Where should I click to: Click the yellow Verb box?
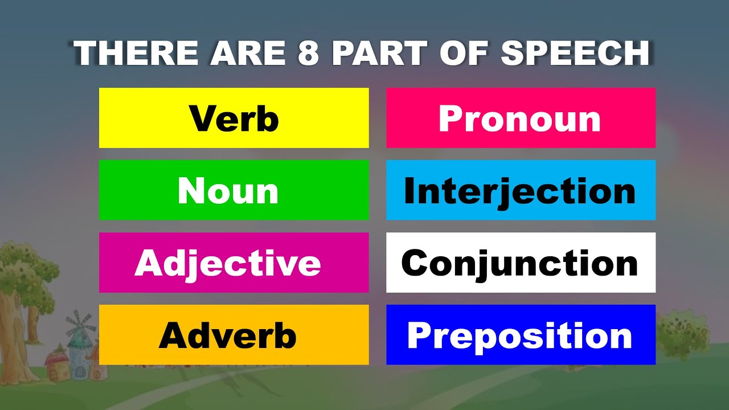pyautogui.click(x=234, y=118)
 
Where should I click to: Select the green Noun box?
pyautogui.click(x=234, y=190)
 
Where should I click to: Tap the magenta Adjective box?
pyautogui.click(x=234, y=263)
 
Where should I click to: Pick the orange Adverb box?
pyautogui.click(x=234, y=335)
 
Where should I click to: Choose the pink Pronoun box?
pyautogui.click(x=521, y=118)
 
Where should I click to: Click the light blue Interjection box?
pyautogui.click(x=521, y=190)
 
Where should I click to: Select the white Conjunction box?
pyautogui.click(x=521, y=263)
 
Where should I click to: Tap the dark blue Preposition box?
pyautogui.click(x=521, y=335)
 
